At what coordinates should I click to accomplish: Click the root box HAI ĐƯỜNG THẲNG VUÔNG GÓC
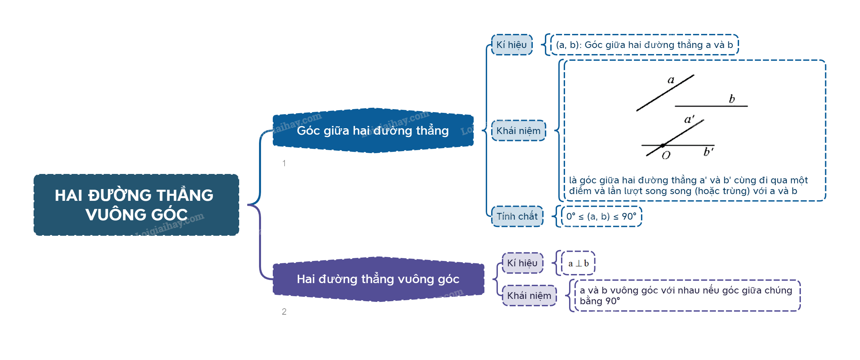click(x=136, y=205)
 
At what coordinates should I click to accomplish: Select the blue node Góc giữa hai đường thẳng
click(x=373, y=131)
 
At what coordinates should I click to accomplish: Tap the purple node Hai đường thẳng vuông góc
click(x=378, y=279)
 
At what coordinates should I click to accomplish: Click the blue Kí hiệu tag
click(x=512, y=45)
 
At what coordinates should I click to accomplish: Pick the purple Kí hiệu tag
click(x=522, y=263)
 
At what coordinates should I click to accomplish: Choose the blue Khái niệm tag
click(x=518, y=131)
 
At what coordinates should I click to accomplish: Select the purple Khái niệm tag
click(x=529, y=296)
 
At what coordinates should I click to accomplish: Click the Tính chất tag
click(x=517, y=216)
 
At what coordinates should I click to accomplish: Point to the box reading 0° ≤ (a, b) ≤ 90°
click(x=601, y=216)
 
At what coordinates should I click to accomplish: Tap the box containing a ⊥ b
click(x=578, y=263)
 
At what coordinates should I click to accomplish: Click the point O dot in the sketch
click(x=663, y=145)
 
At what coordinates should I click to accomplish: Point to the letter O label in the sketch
click(x=666, y=155)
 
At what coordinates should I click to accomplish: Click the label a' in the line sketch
click(x=689, y=119)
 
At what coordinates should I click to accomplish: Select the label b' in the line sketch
click(x=708, y=152)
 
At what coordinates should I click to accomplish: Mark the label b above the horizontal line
click(x=732, y=99)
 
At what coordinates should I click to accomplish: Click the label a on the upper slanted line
click(x=671, y=80)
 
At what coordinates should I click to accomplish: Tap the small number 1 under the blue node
click(x=284, y=163)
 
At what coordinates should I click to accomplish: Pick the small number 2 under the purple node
click(x=284, y=312)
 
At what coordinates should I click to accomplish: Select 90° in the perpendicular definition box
click(x=612, y=301)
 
